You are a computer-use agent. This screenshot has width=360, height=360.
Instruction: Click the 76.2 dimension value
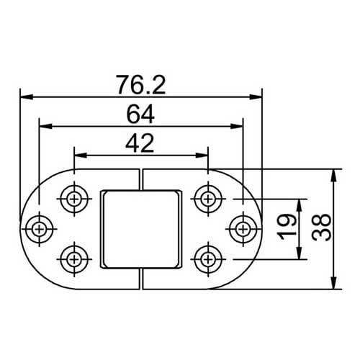tap(141, 85)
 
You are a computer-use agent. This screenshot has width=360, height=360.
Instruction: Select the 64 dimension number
tap(141, 114)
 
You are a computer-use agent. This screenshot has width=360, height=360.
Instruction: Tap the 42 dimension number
tap(141, 143)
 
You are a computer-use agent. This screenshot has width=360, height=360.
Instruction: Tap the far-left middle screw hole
tap(39, 228)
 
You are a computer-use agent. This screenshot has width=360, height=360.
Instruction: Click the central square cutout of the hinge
tap(141, 227)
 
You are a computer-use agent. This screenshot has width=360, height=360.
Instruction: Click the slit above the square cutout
tap(142, 179)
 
